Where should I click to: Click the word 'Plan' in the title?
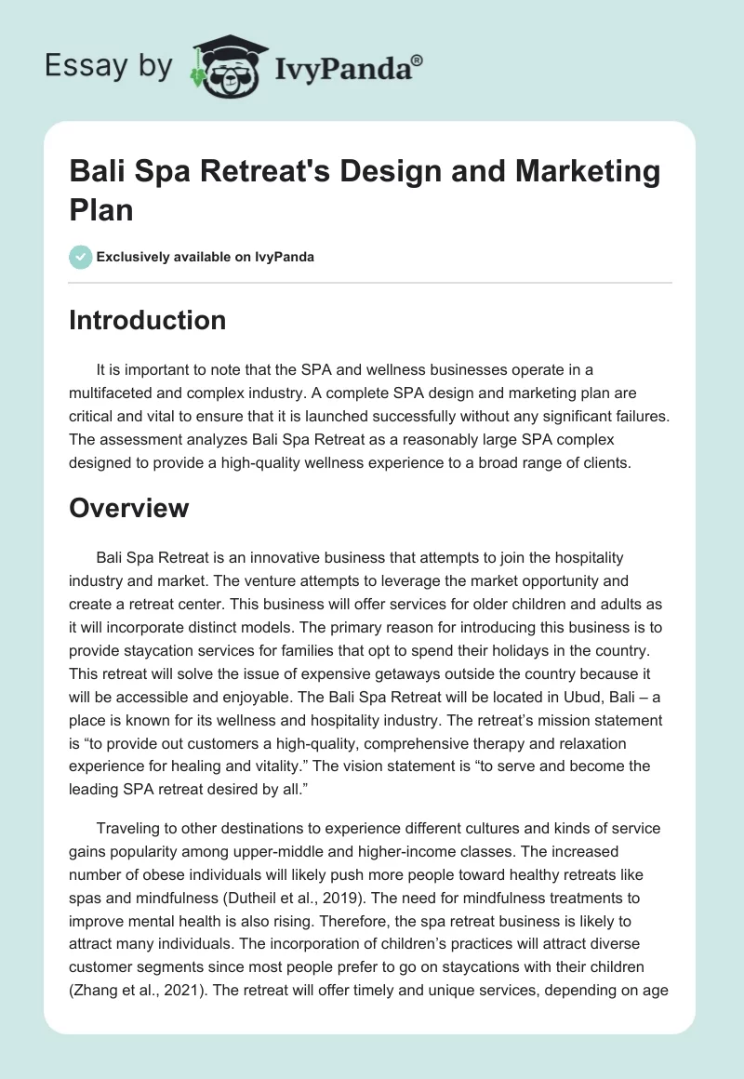[x=101, y=209]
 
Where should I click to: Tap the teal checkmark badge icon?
[x=80, y=257]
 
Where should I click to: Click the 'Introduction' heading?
[x=147, y=320]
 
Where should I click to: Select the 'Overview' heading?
[x=128, y=508]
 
